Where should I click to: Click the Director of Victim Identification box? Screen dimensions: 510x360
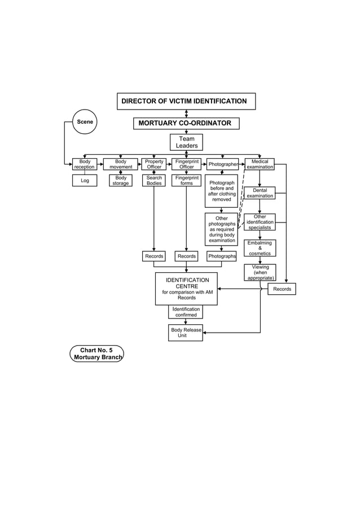[x=186, y=102]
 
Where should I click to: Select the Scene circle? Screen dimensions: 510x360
[x=85, y=122]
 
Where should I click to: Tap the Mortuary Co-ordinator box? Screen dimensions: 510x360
[x=186, y=123]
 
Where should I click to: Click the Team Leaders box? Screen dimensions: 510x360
[x=186, y=142]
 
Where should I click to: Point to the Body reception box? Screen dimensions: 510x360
[x=85, y=164]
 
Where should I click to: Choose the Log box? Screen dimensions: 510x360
[x=85, y=181]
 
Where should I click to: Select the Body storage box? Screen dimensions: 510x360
[x=120, y=181]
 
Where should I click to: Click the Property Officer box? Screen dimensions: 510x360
[x=153, y=164]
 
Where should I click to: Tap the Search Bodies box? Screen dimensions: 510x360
[x=153, y=181]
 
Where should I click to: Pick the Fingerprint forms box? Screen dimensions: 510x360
[x=186, y=181]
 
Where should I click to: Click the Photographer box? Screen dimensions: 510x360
[x=222, y=164]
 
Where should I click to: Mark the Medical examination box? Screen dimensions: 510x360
[x=260, y=164]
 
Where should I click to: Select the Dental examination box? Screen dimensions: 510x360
[x=260, y=193]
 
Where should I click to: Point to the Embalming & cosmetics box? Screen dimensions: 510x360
[x=260, y=248]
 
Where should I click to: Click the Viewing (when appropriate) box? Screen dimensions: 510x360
[x=260, y=272]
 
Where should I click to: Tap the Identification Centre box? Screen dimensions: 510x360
[x=186, y=289]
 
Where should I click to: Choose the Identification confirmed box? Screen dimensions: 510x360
[x=186, y=312]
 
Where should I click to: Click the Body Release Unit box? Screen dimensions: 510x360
[x=185, y=333]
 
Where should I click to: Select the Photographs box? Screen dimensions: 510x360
[x=222, y=256]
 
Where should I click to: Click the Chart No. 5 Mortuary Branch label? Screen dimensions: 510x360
[x=96, y=354]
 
